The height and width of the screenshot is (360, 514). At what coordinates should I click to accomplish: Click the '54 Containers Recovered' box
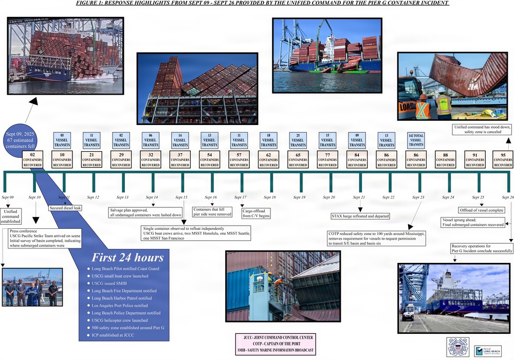coord(210,159)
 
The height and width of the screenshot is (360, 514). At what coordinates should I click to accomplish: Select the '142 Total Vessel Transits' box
coord(416,140)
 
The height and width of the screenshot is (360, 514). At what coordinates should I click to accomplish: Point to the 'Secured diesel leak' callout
coord(65,208)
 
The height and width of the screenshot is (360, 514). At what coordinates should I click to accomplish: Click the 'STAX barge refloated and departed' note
coord(360,216)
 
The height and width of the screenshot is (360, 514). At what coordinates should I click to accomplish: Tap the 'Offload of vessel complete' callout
coord(481,210)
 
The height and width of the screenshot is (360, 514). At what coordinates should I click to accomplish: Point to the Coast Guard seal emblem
coord(457,347)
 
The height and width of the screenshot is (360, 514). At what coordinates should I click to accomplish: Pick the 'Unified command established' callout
coord(11,215)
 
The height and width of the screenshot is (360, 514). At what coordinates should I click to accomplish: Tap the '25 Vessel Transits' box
coord(298,140)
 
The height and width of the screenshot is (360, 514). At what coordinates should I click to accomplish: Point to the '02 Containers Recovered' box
coord(33,159)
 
